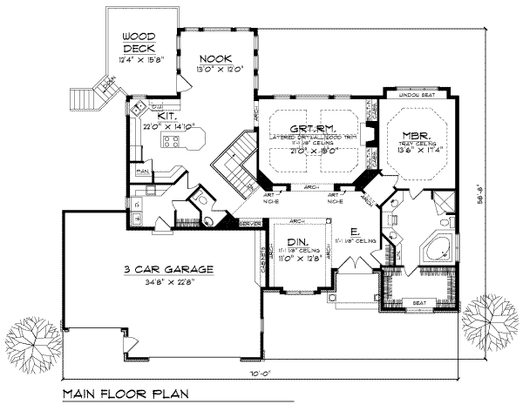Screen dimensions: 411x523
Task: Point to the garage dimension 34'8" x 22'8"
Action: [x=160, y=280]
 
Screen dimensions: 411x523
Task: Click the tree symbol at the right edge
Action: [x=489, y=319]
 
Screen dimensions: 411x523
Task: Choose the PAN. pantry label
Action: [x=141, y=172]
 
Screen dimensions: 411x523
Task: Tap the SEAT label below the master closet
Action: [x=418, y=303]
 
